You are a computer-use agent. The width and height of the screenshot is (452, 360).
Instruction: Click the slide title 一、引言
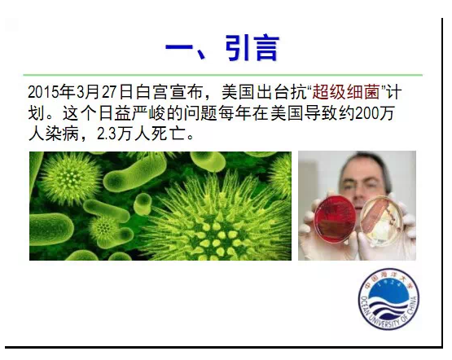point(222,47)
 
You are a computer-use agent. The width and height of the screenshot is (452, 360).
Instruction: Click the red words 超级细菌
point(346,92)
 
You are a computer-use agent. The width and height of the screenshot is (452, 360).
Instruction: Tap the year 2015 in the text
point(43,92)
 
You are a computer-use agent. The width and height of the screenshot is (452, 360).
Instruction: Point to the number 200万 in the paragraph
point(375,113)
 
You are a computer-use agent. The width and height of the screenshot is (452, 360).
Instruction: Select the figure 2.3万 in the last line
point(115,134)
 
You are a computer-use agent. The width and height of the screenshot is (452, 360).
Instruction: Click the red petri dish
point(336,219)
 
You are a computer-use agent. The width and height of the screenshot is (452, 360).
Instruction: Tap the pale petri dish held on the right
point(381,221)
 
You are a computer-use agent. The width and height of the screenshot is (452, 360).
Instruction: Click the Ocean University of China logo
point(388,300)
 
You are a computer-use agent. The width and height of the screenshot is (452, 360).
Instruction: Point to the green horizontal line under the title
point(223,75)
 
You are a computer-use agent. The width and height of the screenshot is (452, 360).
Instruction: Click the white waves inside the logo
point(388,308)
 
